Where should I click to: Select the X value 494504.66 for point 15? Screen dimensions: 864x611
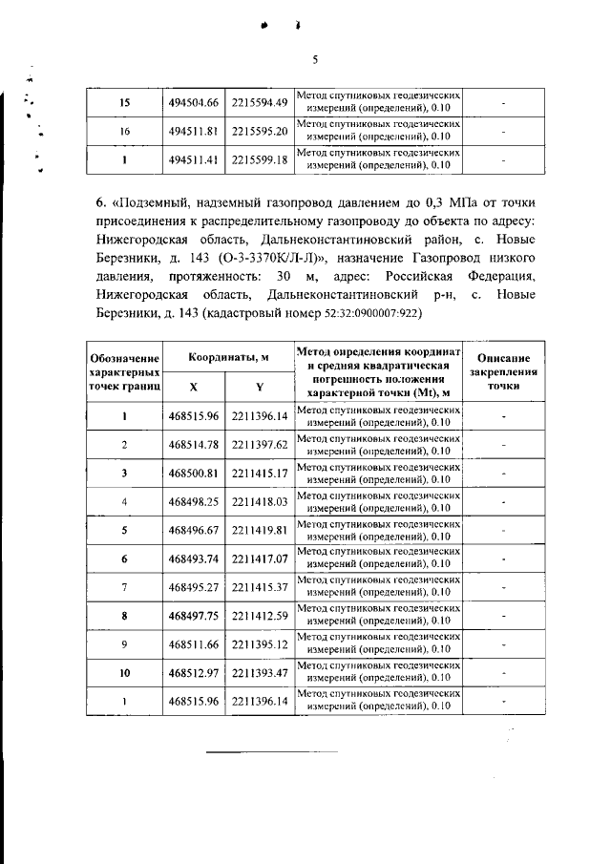pyautogui.click(x=194, y=103)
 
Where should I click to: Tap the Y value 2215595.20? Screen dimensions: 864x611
pyautogui.click(x=260, y=131)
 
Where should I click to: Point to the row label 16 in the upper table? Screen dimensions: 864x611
pyautogui.click(x=124, y=131)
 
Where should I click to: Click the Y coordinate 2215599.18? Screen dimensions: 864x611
pyautogui.click(x=260, y=159)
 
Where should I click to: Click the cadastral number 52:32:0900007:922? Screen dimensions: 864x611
pyautogui.click(x=368, y=314)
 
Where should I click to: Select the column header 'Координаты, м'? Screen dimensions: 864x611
pyautogui.click(x=227, y=356)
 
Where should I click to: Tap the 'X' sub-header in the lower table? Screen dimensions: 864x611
pyautogui.click(x=194, y=387)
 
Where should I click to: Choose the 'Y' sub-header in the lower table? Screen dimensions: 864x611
pyautogui.click(x=260, y=387)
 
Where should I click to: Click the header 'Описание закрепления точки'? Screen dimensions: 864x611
pyautogui.click(x=505, y=371)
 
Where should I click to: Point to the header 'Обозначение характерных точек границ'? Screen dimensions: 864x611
pyautogui.click(x=124, y=371)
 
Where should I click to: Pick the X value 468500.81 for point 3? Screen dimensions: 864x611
pyautogui.click(x=194, y=473)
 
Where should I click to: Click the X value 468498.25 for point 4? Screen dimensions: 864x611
pyautogui.click(x=194, y=501)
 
